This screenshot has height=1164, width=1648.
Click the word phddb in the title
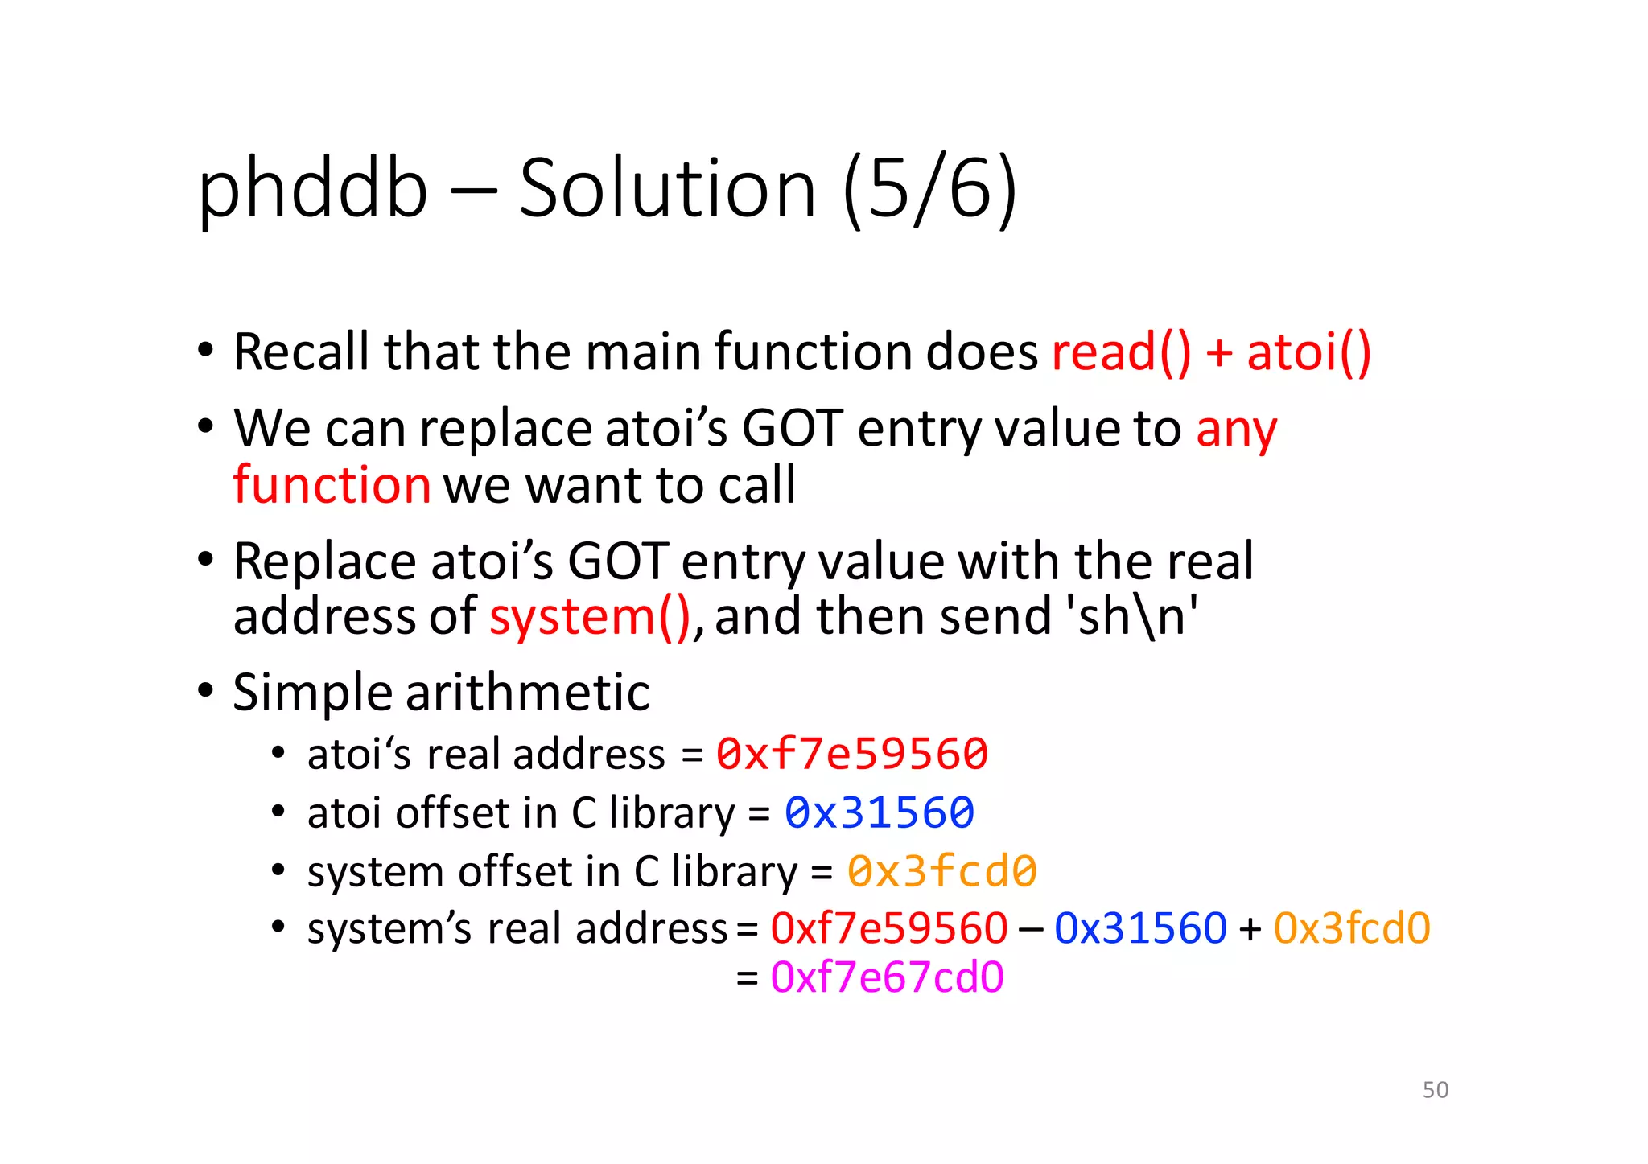[x=312, y=190]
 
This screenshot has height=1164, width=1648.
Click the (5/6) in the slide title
[x=929, y=190]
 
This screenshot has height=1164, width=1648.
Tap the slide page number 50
[x=1435, y=1090]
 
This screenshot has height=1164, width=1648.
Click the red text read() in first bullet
[x=1121, y=353]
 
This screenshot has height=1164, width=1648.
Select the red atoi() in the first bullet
[x=1308, y=353]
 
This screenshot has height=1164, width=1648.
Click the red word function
[x=332, y=486]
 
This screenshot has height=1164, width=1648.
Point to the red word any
[x=1236, y=430]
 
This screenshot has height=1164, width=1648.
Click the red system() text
[x=590, y=618]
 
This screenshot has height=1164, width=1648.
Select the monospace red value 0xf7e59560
[x=852, y=755]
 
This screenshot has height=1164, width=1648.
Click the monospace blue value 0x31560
[x=880, y=812]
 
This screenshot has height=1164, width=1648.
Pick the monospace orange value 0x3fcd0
[x=941, y=872]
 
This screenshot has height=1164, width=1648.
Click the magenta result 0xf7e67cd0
[x=887, y=978]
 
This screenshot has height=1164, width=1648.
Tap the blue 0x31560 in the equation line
[x=1140, y=928]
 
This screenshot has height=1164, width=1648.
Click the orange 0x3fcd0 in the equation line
[x=1352, y=928]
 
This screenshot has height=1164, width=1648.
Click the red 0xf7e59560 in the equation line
[x=888, y=928]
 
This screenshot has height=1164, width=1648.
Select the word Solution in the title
[x=667, y=190]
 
